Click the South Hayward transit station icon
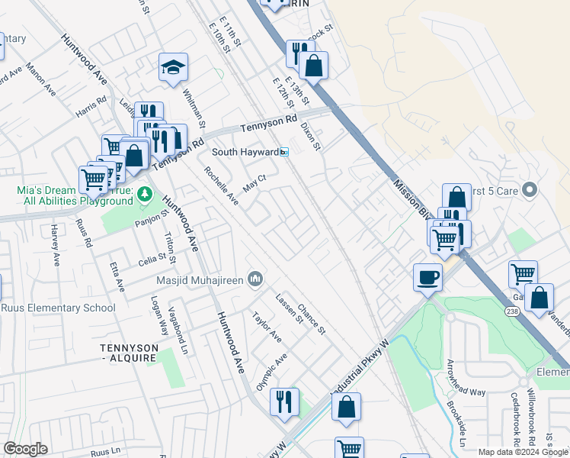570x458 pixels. [284, 152]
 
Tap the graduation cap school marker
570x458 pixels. [173, 67]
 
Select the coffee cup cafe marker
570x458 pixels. [427, 276]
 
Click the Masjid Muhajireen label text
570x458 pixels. [200, 280]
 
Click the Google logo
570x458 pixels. [25, 449]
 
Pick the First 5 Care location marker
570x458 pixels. [531, 189]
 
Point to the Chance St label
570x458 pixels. [312, 318]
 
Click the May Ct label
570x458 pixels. [253, 182]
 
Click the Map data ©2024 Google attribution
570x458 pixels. [523, 452]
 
